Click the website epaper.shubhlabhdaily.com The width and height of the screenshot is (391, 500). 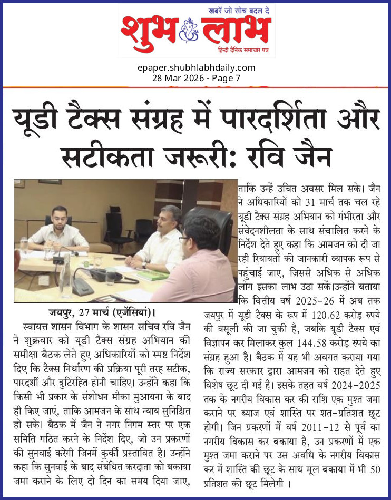click(195, 67)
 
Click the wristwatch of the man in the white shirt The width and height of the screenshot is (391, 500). click(144, 265)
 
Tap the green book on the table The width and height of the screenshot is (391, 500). click(152, 276)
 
